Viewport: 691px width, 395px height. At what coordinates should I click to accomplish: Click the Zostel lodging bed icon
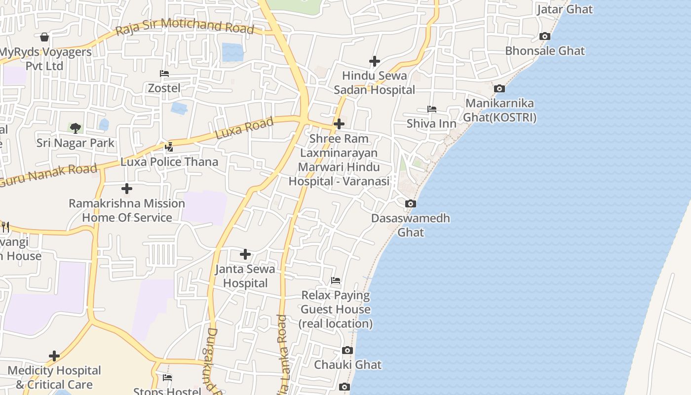point(164,74)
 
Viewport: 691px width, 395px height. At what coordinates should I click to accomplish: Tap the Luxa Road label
point(244,128)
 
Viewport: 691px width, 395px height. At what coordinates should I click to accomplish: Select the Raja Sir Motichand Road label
point(185,26)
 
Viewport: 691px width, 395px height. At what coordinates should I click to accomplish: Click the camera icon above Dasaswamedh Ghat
point(410,203)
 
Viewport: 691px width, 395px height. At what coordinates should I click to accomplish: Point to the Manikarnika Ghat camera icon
point(499,89)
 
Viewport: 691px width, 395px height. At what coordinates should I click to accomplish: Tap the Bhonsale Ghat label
point(545,51)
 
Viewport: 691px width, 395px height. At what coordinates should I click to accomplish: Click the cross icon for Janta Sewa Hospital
point(245,255)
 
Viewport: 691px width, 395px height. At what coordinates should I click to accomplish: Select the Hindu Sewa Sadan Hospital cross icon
point(375,61)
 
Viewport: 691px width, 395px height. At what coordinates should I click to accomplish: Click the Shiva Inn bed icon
point(432,109)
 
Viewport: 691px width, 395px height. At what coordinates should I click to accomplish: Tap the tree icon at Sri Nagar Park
point(76,128)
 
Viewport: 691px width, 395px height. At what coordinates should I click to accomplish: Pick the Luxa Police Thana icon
point(169,147)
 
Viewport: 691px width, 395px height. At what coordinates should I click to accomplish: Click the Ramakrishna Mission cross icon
point(127,189)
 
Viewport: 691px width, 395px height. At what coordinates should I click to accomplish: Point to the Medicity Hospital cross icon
point(54,356)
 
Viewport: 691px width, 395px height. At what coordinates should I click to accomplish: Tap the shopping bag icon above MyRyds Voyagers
point(44,37)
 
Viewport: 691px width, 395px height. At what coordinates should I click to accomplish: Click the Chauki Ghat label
point(348,365)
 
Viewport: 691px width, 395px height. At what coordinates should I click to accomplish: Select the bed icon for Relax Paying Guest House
point(336,281)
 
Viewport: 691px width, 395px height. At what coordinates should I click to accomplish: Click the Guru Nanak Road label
point(48,176)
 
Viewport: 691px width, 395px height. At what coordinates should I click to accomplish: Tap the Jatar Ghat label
point(565,9)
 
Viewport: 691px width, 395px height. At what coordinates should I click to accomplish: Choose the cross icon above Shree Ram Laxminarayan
point(339,124)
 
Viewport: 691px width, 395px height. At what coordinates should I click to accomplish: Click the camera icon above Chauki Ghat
point(347,351)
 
